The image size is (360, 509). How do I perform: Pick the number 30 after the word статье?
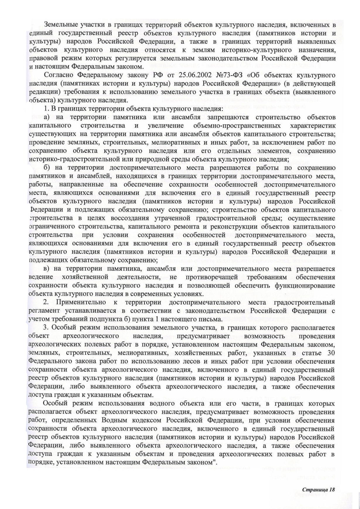331,353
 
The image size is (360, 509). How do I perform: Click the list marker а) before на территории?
47,117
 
